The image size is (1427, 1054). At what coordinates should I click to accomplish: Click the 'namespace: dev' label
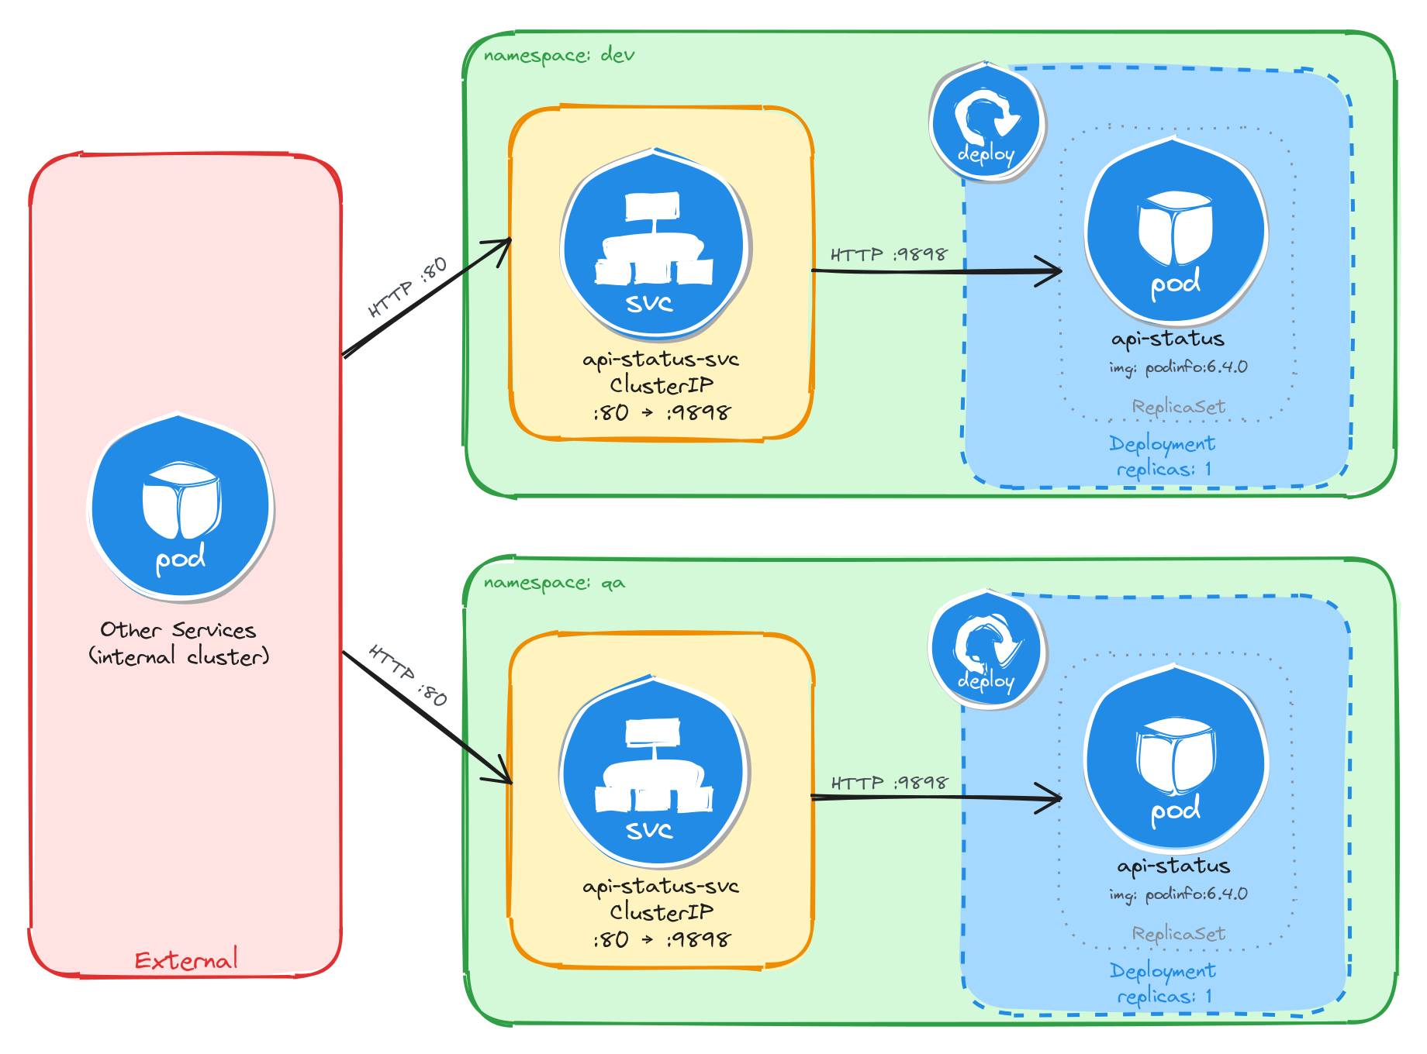(x=558, y=56)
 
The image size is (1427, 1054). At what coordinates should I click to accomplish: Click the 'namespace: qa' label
(x=554, y=583)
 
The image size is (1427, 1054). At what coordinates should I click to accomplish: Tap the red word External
(x=186, y=961)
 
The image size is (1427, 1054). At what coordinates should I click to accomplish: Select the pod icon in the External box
(x=180, y=508)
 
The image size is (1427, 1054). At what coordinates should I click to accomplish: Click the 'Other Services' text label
(x=178, y=630)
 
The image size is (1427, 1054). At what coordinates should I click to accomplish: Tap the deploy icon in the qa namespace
(x=986, y=649)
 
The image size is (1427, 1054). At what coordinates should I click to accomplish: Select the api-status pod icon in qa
(x=1176, y=759)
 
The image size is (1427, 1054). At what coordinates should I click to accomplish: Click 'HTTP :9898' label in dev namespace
(x=889, y=255)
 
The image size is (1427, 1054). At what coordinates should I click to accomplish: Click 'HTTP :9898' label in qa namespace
(x=889, y=783)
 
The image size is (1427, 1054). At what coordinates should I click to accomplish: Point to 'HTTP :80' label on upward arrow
(x=408, y=287)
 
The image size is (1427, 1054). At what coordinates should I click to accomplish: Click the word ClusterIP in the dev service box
(x=661, y=385)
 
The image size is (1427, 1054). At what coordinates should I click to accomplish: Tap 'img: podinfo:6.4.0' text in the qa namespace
(x=1178, y=894)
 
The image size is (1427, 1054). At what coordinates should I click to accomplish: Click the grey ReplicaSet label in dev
(x=1178, y=407)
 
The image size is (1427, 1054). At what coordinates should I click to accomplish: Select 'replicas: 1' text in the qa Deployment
(x=1163, y=997)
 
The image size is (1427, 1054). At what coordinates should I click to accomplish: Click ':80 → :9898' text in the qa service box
(x=661, y=940)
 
